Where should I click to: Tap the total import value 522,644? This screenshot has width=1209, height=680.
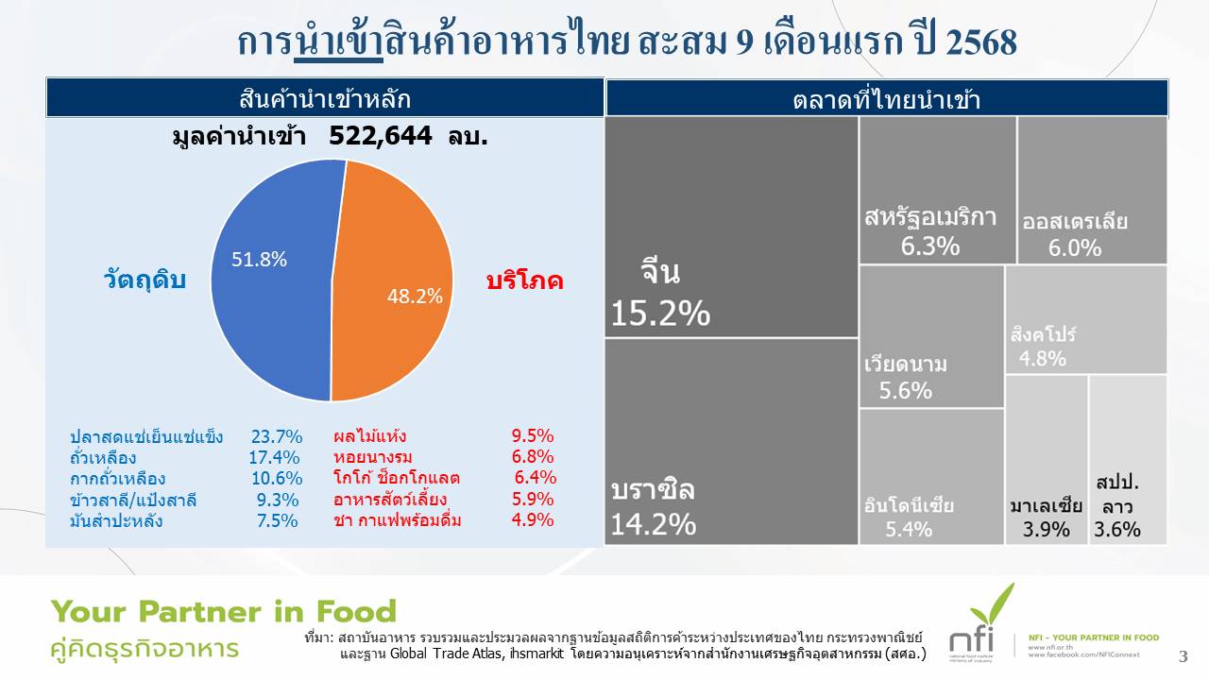coord(380,136)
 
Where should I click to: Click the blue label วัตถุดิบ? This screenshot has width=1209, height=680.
coord(145,280)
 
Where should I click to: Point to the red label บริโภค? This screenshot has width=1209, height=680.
coord(524,280)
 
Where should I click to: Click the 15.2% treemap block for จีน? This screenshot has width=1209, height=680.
coord(731,227)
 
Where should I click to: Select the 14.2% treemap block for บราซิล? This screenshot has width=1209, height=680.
coord(731,441)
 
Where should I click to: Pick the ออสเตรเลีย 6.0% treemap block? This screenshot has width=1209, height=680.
coord(1092,189)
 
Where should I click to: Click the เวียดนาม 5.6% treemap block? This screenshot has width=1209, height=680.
coord(931,336)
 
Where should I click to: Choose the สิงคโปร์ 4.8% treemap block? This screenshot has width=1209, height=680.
coord(1085,319)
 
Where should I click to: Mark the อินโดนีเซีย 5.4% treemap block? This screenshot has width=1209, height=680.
coord(931,476)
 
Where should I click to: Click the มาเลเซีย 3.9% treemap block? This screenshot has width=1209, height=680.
coord(1046,460)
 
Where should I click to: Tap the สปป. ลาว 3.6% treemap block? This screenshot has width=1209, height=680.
coord(1128,460)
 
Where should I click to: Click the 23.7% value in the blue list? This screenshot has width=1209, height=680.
coord(277,436)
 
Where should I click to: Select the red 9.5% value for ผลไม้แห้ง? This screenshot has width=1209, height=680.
coord(533,436)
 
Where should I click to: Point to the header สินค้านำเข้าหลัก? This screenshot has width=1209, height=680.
coord(325,98)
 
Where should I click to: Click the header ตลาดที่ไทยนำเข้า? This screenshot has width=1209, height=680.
coord(886,99)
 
